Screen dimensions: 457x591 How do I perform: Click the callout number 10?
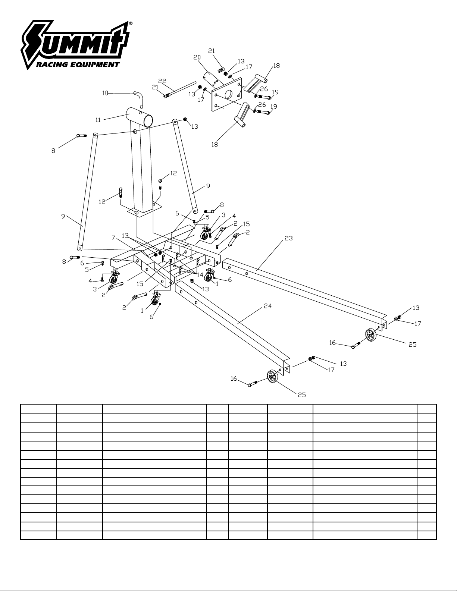pyautogui.click(x=105, y=93)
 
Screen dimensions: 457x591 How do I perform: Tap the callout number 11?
pyautogui.click(x=98, y=120)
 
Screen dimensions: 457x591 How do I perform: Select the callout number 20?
pyautogui.click(x=197, y=57)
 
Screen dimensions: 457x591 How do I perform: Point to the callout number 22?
pyautogui.click(x=162, y=81)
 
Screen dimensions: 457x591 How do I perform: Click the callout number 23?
pyautogui.click(x=289, y=238)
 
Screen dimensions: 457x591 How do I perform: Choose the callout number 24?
pyautogui.click(x=268, y=306)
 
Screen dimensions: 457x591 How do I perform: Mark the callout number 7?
pyautogui.click(x=113, y=238)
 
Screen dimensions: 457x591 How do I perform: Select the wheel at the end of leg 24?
pyautogui.click(x=272, y=376)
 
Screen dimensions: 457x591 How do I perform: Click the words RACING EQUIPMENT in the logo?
pyautogui.click(x=78, y=65)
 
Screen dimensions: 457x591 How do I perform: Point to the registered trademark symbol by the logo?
pyautogui.click(x=131, y=23)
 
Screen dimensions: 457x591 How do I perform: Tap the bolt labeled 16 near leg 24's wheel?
pyautogui.click(x=254, y=384)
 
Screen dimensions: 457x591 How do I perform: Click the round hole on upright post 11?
pyautogui.click(x=135, y=132)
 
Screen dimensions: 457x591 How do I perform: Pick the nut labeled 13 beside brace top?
pyautogui.click(x=185, y=119)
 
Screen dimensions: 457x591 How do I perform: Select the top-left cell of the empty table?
pyautogui.click(x=39, y=409)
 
